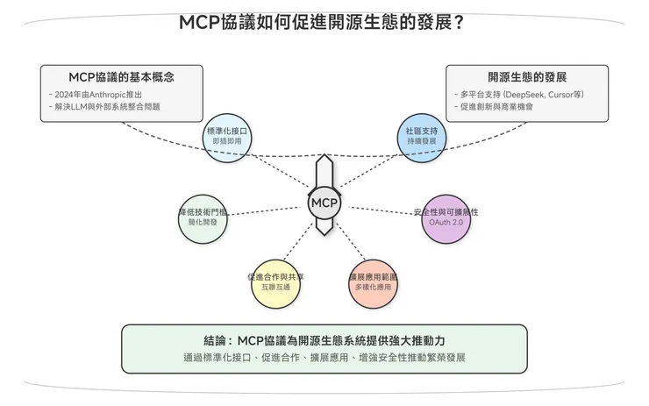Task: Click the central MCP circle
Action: point(324,203)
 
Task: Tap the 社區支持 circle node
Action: point(421,135)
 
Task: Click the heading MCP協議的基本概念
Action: point(121,76)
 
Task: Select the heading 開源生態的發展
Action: point(527,76)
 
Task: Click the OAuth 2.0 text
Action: point(446,224)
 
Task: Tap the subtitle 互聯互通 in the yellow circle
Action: point(276,288)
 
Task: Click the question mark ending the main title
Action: point(460,22)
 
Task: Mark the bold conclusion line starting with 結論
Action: point(324,340)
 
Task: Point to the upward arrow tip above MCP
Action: point(324,158)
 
